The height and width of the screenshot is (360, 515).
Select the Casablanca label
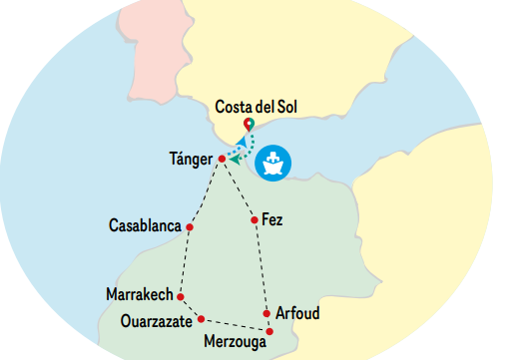pyautogui.click(x=145, y=226)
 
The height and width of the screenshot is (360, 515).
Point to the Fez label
pyautogui.click(x=272, y=219)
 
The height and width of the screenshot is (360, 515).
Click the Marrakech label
pyautogui.click(x=140, y=295)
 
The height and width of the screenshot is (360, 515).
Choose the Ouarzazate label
pyautogui.click(x=157, y=320)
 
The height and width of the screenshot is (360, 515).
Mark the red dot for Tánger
pyautogui.click(x=222, y=158)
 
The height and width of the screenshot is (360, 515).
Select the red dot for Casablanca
pyautogui.click(x=189, y=227)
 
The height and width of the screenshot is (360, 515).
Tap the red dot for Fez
pyautogui.click(x=255, y=219)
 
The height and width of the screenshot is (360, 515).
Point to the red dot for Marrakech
pyautogui.click(x=181, y=296)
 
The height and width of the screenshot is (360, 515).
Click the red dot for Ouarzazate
pyautogui.click(x=202, y=319)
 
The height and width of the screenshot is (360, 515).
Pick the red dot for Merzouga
pyautogui.click(x=270, y=330)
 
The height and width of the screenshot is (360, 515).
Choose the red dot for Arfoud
pyautogui.click(x=266, y=313)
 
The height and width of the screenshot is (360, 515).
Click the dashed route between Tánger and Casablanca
pyautogui.click(x=205, y=192)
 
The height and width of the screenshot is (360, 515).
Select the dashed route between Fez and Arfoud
pyautogui.click(x=260, y=266)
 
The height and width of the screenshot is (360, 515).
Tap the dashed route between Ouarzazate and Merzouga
pyautogui.click(x=236, y=324)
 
